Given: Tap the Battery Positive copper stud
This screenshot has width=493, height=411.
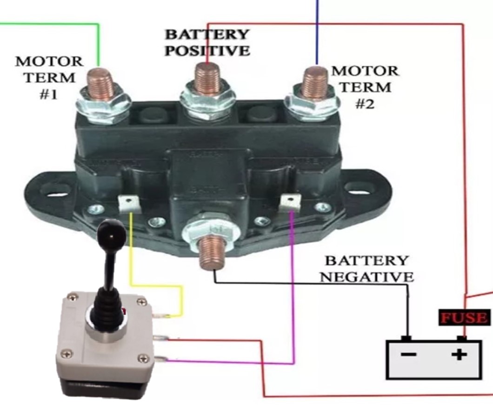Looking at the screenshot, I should pyautogui.click(x=207, y=77).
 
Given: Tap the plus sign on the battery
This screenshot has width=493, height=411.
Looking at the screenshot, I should pyautogui.click(x=459, y=355).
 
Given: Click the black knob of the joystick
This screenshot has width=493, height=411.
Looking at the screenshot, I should pyautogui.click(x=111, y=231).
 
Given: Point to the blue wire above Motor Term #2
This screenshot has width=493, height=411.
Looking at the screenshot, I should pyautogui.click(x=317, y=33).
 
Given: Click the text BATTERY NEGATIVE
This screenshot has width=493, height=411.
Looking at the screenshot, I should pyautogui.click(x=367, y=268).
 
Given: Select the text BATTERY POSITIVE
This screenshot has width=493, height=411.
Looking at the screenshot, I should pyautogui.click(x=207, y=42).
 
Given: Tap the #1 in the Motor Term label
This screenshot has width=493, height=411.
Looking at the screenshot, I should pyautogui.click(x=48, y=94).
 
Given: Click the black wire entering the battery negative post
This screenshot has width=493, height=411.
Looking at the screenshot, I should pyautogui.click(x=408, y=312).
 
